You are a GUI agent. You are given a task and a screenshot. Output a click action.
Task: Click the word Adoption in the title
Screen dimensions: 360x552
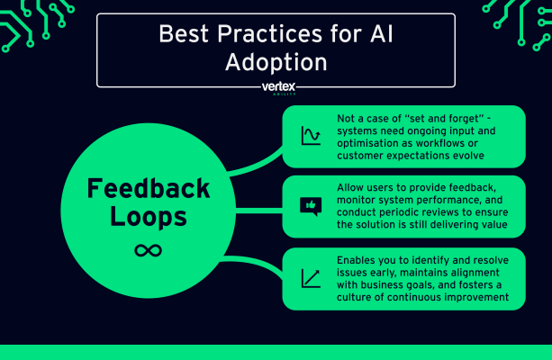[x=276, y=64]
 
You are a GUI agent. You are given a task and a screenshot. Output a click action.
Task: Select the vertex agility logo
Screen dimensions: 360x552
[x=276, y=88]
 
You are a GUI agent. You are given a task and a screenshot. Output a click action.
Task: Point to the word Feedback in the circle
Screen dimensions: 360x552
[x=148, y=189]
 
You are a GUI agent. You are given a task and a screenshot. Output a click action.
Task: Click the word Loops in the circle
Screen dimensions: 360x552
[x=148, y=218]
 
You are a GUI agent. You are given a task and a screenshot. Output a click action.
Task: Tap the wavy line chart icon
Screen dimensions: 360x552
[x=311, y=137]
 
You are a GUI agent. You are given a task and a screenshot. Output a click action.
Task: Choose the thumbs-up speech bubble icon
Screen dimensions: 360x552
[x=311, y=206]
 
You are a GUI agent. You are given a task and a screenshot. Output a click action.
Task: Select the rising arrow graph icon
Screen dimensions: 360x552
[x=311, y=278]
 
